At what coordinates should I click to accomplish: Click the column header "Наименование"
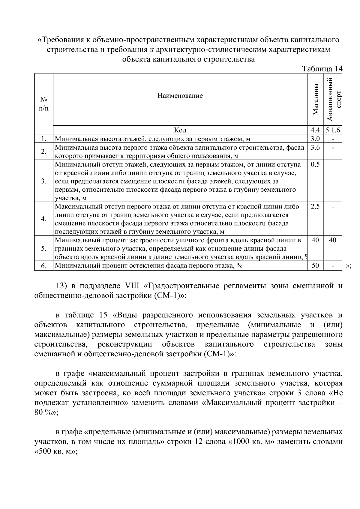click(x=180, y=96)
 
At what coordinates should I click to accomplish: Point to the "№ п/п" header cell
click(x=44, y=103)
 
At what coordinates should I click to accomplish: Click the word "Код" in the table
click(x=180, y=130)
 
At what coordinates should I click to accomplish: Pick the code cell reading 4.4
click(x=315, y=130)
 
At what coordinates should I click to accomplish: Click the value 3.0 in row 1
click(x=315, y=138)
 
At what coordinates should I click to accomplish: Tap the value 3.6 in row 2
click(x=315, y=147)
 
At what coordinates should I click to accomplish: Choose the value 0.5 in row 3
click(x=315, y=164)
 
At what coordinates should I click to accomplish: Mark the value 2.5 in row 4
click(x=315, y=206)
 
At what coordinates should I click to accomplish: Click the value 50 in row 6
click(x=315, y=265)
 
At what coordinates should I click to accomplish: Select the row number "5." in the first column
click(x=44, y=248)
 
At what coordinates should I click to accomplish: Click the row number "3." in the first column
click(x=44, y=181)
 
